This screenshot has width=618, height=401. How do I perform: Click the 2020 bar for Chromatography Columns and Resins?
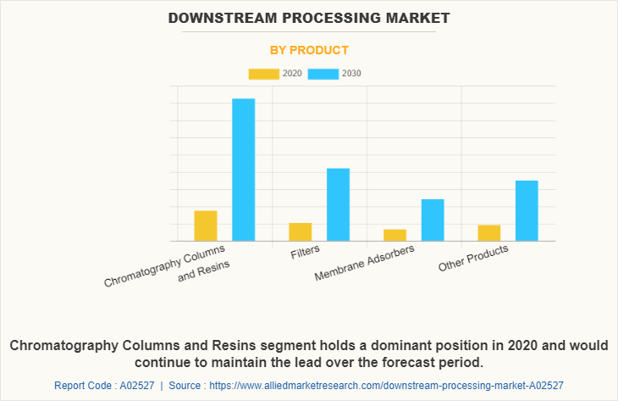coord(206,226)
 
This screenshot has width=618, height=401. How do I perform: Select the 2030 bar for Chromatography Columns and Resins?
coord(244,170)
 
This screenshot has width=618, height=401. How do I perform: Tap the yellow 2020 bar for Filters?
coord(301,231)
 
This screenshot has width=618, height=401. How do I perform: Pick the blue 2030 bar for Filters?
coord(338,204)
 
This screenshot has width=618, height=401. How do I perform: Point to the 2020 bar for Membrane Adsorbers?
coord(395,235)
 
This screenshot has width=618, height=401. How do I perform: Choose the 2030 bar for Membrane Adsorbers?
coord(433,220)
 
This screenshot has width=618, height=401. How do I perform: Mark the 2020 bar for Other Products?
coord(489,232)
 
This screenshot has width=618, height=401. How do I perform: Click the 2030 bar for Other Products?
coord(527,210)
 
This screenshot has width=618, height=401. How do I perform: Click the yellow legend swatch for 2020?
coord(263,74)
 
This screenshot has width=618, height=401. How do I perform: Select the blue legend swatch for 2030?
coord(323,74)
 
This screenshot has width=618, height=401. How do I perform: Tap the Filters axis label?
coord(306,253)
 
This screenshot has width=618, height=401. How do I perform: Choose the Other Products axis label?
coord(473,259)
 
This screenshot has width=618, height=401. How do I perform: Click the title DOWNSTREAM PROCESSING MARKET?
coord(309,17)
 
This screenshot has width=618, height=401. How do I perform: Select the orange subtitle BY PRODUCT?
coord(309,50)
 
